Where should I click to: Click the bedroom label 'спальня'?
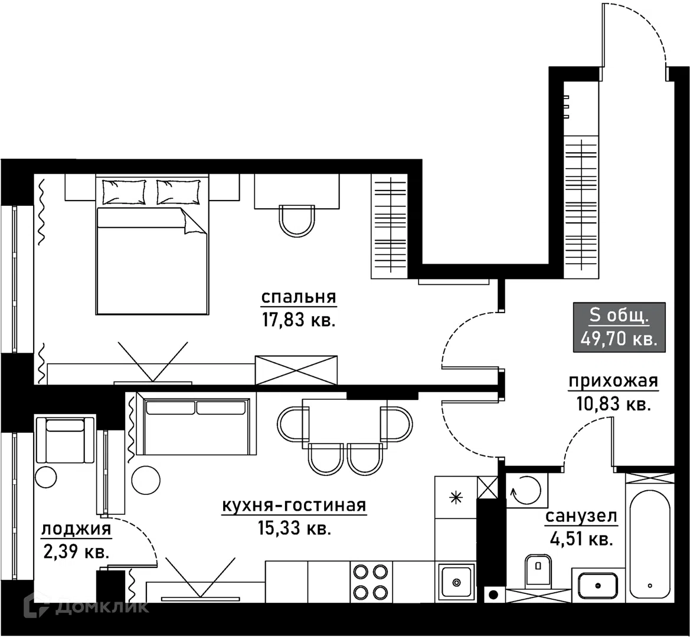pyautogui.click(x=299, y=298)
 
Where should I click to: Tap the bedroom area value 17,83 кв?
pyautogui.click(x=299, y=320)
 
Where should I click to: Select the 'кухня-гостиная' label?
pyautogui.click(x=294, y=505)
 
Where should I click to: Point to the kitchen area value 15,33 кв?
pyautogui.click(x=294, y=528)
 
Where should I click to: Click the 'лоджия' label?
pyautogui.click(x=76, y=529)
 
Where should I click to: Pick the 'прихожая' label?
pyautogui.click(x=613, y=382)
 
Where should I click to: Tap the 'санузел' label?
pyautogui.click(x=581, y=517)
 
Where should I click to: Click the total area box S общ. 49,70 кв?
pyautogui.click(x=619, y=327)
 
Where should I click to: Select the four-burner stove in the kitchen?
pyautogui.click(x=371, y=581)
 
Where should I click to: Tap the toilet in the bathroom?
pyautogui.click(x=538, y=569)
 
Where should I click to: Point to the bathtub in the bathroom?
pyautogui.click(x=649, y=544)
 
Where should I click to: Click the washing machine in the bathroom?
pyautogui.click(x=527, y=490)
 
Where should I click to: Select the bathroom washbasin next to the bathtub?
pyautogui.click(x=597, y=585)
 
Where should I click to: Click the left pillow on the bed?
pyautogui.click(x=123, y=192)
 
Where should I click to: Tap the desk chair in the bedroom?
pyautogui.click(x=297, y=221)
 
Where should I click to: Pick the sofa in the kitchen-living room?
pyautogui.click(x=197, y=423)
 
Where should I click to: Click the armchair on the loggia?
pyautogui.click(x=66, y=439)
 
